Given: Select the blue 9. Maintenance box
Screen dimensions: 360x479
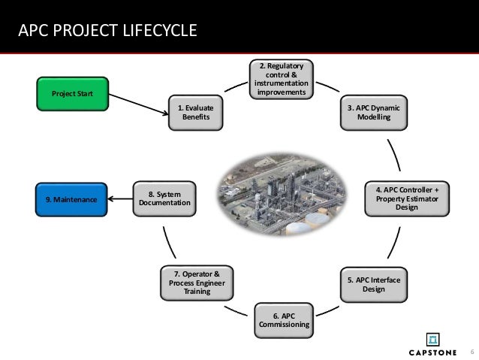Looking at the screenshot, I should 71,200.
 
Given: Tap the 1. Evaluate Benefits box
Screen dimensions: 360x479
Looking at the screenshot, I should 196,113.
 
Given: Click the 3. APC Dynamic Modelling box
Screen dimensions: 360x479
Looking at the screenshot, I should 373,113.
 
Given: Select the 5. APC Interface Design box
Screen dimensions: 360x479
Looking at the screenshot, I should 373,284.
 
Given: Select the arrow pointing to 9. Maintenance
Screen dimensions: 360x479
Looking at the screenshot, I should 120,199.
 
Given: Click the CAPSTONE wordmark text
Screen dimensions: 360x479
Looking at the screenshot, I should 435,350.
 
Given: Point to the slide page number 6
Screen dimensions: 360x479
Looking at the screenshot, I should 471,349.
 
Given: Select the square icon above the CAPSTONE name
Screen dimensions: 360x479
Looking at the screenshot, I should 435,337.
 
